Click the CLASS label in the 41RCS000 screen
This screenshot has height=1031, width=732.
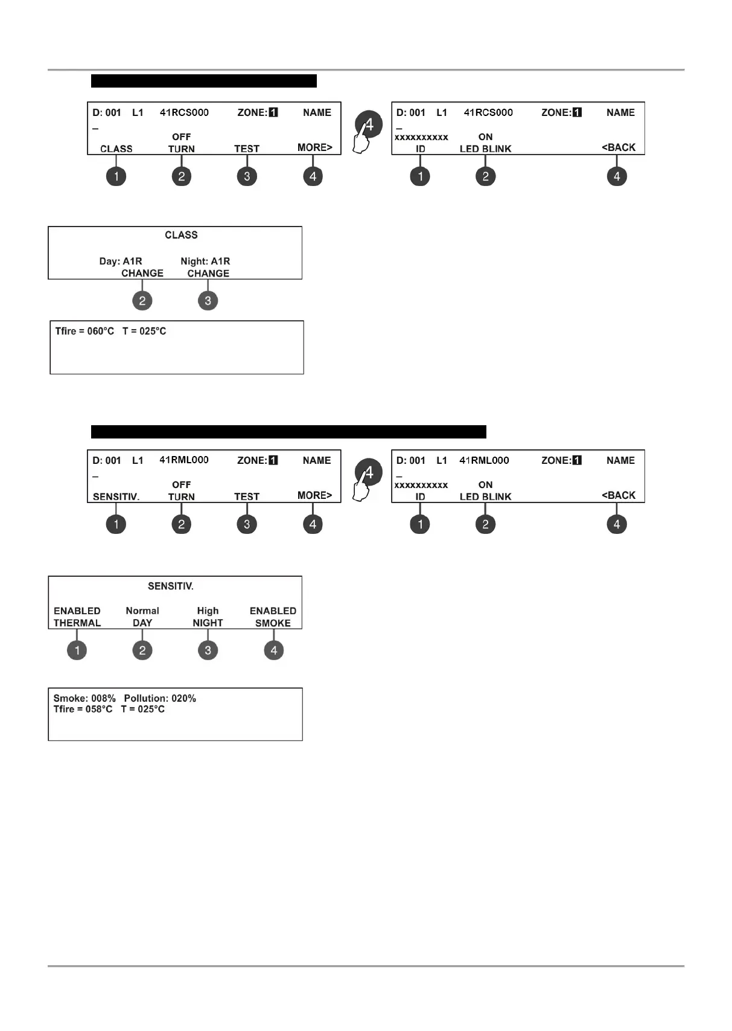116,149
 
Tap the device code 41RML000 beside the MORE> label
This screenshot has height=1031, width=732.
184,460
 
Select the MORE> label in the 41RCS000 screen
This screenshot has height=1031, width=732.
314,147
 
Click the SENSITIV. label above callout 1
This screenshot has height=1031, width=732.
116,496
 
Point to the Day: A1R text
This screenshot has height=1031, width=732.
121,261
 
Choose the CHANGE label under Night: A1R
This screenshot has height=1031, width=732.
208,273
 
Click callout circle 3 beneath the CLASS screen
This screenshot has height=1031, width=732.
208,301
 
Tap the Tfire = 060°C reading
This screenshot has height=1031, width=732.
84,331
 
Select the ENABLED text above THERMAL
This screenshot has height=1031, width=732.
77,611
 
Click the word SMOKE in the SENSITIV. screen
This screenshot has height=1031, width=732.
273,623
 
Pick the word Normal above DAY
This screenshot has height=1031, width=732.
142,611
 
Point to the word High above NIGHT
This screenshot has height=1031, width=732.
208,611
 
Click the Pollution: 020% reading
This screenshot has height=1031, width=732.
160,698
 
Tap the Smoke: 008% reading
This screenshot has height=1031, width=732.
84,698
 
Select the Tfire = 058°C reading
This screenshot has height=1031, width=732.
83,709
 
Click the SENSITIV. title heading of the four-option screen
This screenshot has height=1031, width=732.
171,586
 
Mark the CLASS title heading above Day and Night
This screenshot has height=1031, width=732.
181,235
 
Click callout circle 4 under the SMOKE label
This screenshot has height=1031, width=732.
273,650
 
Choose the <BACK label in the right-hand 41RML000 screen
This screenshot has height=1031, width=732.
619,495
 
